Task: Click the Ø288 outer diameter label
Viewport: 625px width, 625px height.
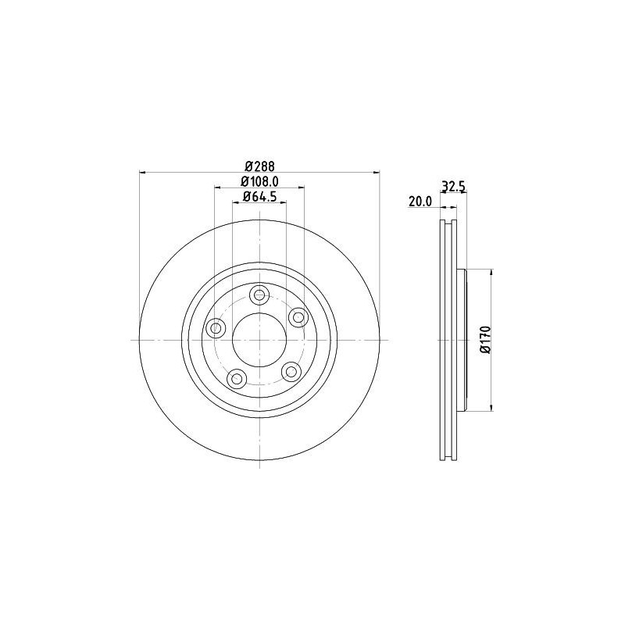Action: [260, 165]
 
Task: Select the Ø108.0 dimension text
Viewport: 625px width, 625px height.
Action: [259, 181]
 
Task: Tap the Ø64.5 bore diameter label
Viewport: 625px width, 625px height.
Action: [259, 197]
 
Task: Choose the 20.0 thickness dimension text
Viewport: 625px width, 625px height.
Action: [420, 202]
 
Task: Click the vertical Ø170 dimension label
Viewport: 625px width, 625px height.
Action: [485, 339]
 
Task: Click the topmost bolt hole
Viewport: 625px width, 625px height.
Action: [259, 295]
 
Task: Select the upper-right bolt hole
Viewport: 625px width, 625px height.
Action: [298, 317]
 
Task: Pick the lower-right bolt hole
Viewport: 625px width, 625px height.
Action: [291, 372]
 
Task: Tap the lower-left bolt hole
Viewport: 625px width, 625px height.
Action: [237, 377]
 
